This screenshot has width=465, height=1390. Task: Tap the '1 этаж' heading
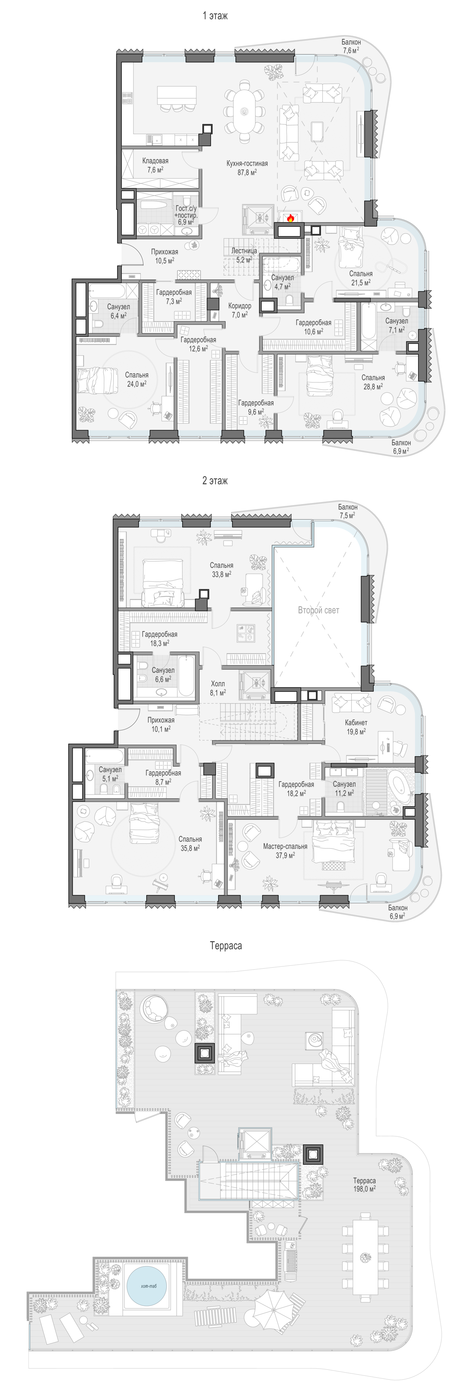click(215, 16)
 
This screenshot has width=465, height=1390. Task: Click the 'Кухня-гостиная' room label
click(246, 163)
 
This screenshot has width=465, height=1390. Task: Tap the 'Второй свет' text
click(319, 610)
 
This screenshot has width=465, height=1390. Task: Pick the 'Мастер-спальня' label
click(285, 846)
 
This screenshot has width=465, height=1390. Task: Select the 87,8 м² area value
click(246, 172)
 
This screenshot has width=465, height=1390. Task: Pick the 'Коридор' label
click(240, 306)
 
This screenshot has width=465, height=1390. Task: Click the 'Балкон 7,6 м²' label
click(351, 46)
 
